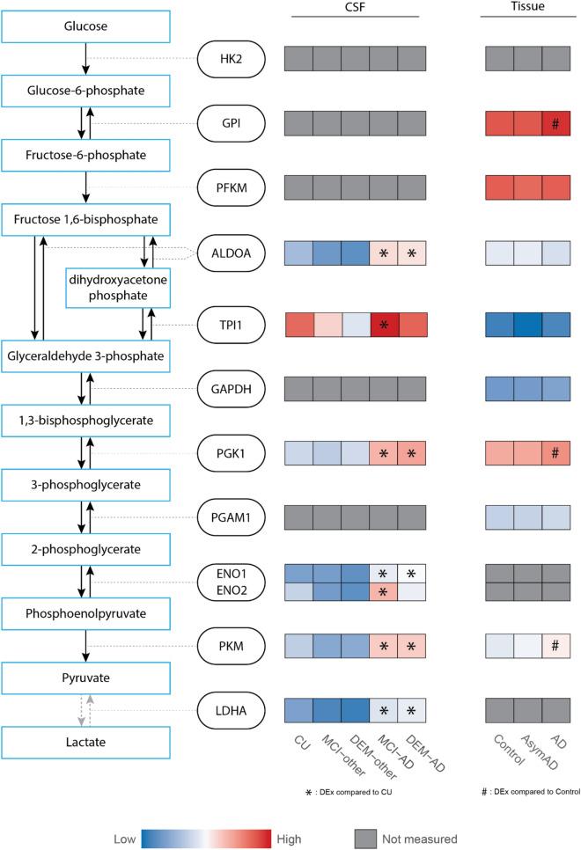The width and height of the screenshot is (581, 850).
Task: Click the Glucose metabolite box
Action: tap(85, 26)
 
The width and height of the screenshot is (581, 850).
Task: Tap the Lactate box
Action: tap(85, 742)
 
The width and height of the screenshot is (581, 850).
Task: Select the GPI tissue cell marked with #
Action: tap(555, 125)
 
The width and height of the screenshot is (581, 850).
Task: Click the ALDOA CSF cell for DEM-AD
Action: tap(409, 256)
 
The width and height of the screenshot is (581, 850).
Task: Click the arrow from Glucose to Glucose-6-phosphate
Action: tap(85, 58)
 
